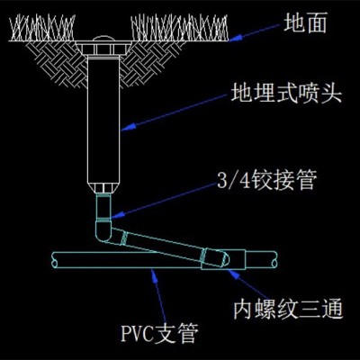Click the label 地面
[305, 23]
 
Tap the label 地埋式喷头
[286, 94]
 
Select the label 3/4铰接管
[267, 180]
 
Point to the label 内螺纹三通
[288, 309]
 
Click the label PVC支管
[159, 333]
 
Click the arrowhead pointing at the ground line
[235, 39]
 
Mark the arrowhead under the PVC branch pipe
[155, 274]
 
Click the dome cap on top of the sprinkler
[103, 39]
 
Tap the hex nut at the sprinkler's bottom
[103, 188]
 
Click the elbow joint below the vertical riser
[103, 231]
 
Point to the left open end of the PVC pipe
[54, 260]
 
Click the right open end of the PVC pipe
[274, 260]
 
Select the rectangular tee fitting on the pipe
[223, 259]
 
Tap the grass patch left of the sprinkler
[42, 28]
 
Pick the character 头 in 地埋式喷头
[332, 94]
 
